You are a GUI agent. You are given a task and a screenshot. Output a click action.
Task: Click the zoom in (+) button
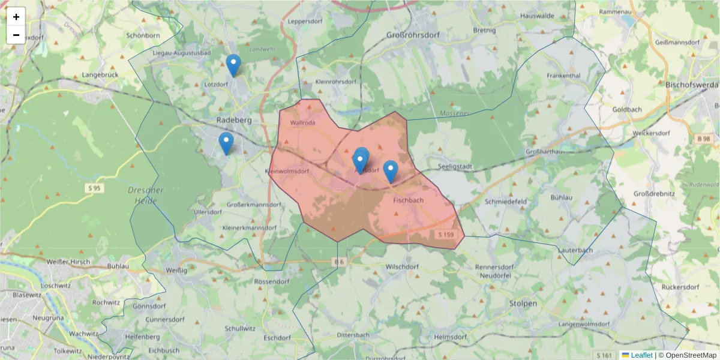pyautogui.click(x=16, y=17)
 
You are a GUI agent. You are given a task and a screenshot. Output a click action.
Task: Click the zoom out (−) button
pyautogui.click(x=16, y=35)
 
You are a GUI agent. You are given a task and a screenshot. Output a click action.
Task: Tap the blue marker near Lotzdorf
pyautogui.click(x=233, y=65)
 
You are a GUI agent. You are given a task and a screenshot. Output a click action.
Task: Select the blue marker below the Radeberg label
pyautogui.click(x=226, y=143)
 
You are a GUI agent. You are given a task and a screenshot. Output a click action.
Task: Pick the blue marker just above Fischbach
pyautogui.click(x=391, y=171)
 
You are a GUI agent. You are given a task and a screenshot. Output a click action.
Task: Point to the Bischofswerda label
pyautogui.click(x=692, y=85)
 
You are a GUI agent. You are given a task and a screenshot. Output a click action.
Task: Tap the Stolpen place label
pyautogui.click(x=523, y=304)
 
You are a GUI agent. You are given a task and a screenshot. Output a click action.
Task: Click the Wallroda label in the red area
pyautogui.click(x=302, y=123)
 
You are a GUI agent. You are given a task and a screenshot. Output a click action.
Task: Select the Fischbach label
pyautogui.click(x=410, y=200)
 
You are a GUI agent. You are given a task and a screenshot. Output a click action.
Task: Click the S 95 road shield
pyautogui.click(x=93, y=188)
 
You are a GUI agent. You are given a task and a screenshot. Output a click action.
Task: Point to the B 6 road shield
pyautogui.click(x=339, y=262)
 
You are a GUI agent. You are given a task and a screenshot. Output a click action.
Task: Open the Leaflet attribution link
pyautogui.click(x=641, y=355)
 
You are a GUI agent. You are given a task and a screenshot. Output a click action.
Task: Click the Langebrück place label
pyautogui.click(x=100, y=75)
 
